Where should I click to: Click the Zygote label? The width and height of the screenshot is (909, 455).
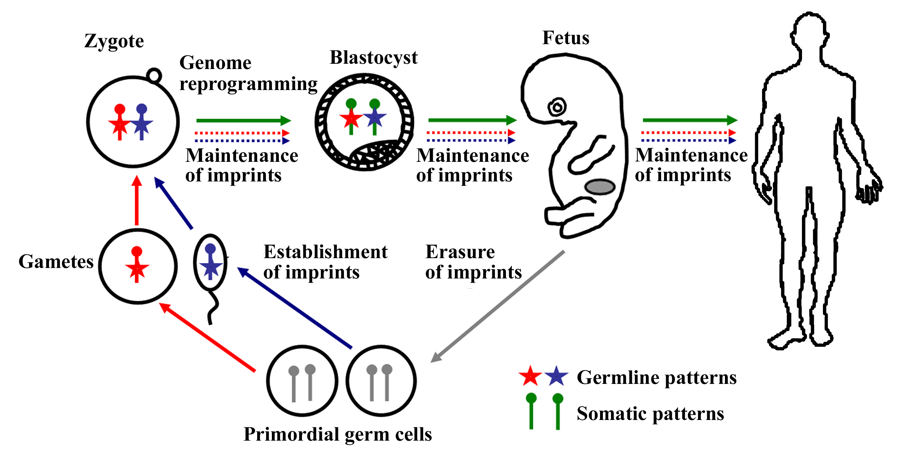click(114, 41)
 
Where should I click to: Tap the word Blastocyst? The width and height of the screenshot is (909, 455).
click(373, 58)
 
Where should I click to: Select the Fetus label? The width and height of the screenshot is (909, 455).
click(565, 38)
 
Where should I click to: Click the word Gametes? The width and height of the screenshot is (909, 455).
click(56, 262)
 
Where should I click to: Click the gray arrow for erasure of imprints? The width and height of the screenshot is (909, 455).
click(498, 306)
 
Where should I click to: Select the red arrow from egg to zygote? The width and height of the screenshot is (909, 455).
click(137, 201)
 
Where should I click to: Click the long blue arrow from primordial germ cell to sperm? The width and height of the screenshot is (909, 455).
click(295, 308)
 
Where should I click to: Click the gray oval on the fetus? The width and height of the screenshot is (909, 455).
click(600, 187)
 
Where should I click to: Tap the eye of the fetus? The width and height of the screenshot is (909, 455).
click(557, 107)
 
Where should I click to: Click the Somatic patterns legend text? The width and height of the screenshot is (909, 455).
click(650, 414)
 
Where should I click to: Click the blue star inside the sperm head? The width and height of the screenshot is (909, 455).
click(211, 266)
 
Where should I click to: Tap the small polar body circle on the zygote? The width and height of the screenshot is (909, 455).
click(154, 75)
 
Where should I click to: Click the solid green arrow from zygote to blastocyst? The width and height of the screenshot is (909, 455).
click(244, 120)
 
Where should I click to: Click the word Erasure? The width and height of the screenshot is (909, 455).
click(460, 252)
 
